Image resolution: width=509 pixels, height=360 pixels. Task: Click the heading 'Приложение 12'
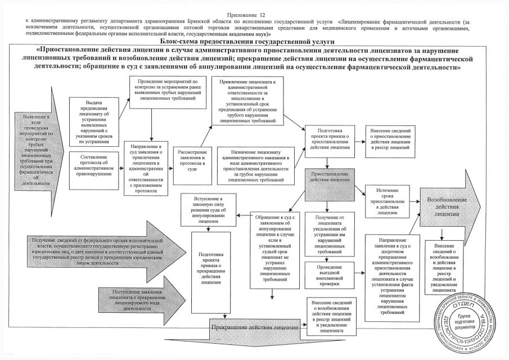tap(255, 12)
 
